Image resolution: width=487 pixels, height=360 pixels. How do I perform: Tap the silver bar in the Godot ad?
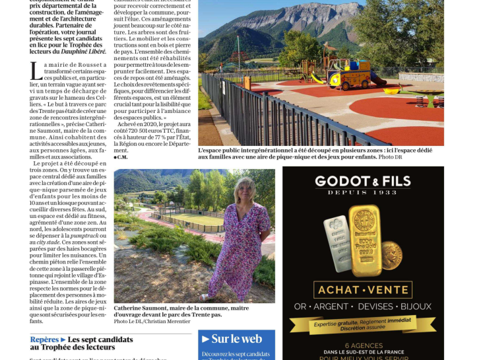pos(337,234)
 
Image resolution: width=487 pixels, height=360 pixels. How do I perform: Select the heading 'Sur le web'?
pos(236,339)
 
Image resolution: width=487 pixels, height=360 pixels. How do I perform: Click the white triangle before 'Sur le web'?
pos(205,339)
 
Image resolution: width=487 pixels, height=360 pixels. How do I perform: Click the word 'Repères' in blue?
pos(44,340)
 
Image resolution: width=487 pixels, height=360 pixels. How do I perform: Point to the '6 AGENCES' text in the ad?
pos(363,345)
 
